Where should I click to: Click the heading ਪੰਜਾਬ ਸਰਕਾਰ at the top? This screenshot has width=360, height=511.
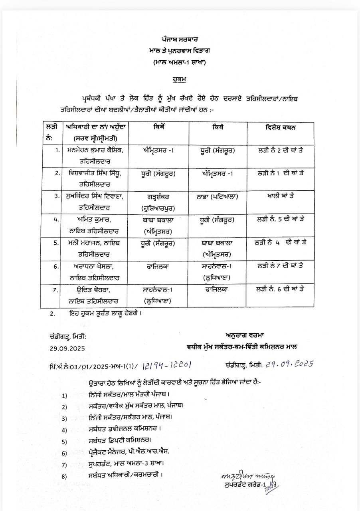tap(180, 40)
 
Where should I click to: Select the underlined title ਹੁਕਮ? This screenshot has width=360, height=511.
tap(180, 79)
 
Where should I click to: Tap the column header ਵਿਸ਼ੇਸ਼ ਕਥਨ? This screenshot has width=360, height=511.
tap(281, 127)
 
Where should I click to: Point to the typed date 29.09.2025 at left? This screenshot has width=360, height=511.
tap(67, 348)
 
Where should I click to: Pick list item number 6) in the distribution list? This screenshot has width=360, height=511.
tap(64, 453)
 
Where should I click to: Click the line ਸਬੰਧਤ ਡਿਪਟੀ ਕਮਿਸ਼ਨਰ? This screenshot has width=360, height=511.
tap(119, 441)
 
